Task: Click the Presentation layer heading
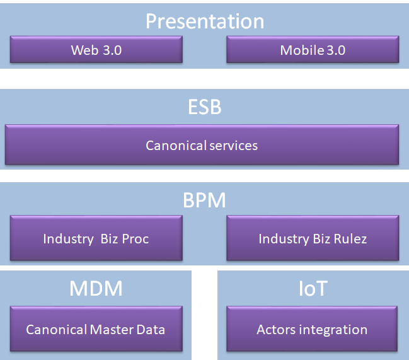point(205,21)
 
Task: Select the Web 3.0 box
point(96,49)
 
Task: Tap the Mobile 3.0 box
point(313,49)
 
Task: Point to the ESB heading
point(205,107)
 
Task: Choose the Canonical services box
point(202,144)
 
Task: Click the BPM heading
point(204,200)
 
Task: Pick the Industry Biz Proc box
point(96,238)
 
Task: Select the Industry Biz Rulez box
point(313,238)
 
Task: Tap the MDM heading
point(96,289)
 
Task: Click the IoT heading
point(313,289)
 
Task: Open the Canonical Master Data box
point(96,328)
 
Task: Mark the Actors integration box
point(312,328)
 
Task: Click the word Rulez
point(350,239)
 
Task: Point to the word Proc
point(135,239)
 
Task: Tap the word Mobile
point(302,50)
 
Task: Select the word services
point(233,146)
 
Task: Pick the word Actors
point(277,330)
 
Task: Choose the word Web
point(85,50)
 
